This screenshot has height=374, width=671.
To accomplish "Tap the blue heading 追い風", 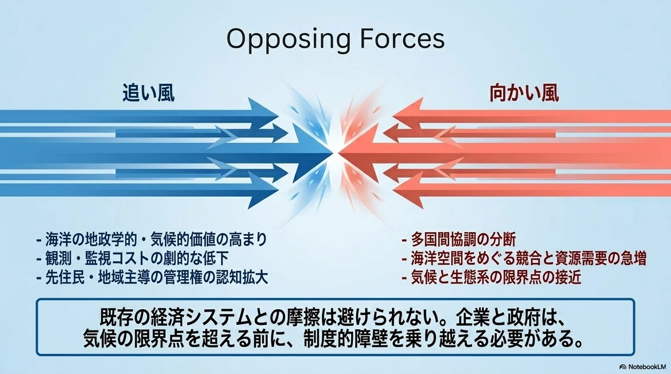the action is coord(149,93).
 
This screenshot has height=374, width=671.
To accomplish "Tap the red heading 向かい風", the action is coord(524,93).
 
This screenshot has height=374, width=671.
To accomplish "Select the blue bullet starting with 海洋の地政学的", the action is coord(152,239).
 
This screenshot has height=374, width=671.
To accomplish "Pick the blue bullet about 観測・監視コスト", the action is coord(133,258).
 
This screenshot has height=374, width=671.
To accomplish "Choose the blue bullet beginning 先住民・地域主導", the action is coord(152,277).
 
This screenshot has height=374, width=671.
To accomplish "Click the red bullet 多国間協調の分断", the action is coord(459,239).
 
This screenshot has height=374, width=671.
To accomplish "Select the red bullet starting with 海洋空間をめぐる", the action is coord(524,258).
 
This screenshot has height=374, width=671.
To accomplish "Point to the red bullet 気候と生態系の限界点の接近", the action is coord(492,277).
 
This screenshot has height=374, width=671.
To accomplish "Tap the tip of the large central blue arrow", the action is coord(333,154).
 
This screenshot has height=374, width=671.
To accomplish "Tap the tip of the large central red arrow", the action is coord(339,154).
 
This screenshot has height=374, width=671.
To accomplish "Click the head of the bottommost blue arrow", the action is coord(263,190).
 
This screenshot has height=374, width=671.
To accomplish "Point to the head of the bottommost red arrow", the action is coord(408,190).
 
